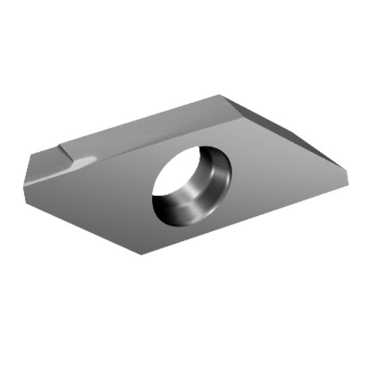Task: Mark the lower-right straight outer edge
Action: click(250, 216)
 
